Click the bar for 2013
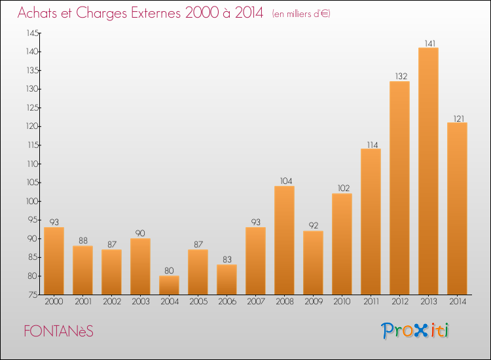428,171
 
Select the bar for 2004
169,285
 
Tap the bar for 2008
284,240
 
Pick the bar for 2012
399,188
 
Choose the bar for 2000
54,261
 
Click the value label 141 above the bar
428,43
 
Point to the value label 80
169,271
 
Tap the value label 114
371,144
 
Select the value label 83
227,260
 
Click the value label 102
342,189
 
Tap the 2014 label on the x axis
457,302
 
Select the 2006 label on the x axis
227,302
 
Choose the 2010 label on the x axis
342,302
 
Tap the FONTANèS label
58,331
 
